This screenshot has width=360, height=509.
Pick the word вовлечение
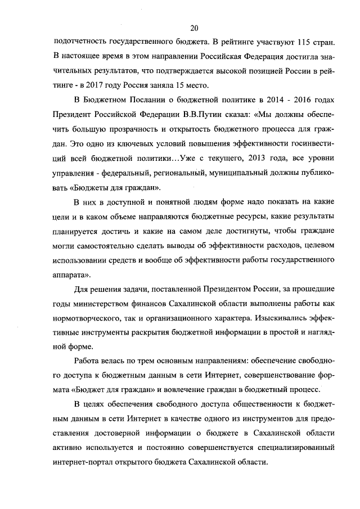coord(202,390)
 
